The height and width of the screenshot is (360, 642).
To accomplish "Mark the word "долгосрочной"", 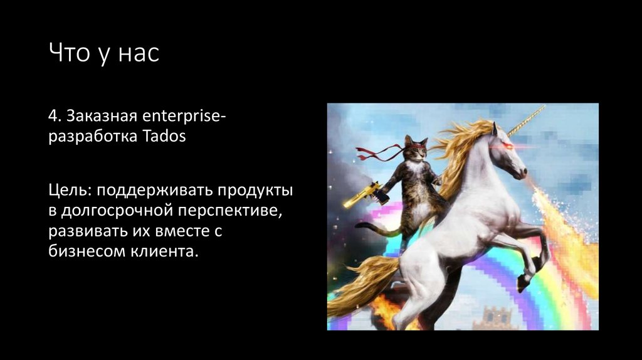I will [118, 211].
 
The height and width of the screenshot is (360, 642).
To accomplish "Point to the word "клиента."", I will [166, 252].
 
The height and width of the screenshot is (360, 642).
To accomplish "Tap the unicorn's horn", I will [526, 120].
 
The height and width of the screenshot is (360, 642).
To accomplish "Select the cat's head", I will [416, 148].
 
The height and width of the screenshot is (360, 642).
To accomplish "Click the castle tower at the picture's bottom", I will [495, 317].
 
